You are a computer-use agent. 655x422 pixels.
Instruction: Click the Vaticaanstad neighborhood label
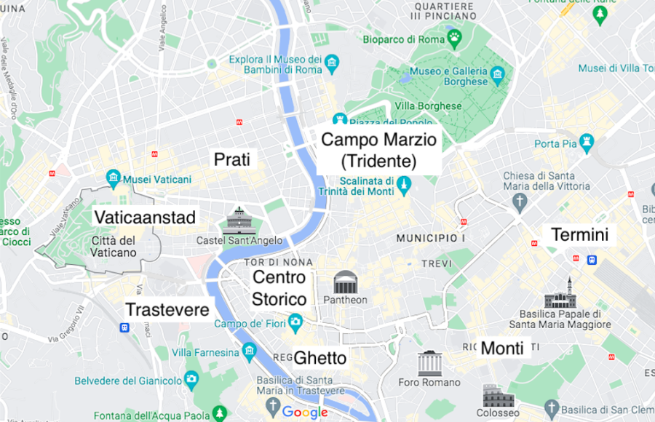click(145, 217)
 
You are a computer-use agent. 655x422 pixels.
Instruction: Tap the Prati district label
click(231, 159)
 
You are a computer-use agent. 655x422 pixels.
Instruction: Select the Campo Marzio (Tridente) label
click(378, 150)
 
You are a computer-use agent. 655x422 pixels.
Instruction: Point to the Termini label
click(579, 234)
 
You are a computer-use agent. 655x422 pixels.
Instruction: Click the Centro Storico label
click(279, 288)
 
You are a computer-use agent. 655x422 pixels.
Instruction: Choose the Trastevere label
click(167, 309)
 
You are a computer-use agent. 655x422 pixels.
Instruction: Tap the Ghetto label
click(319, 357)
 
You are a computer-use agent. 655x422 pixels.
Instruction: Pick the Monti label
click(502, 349)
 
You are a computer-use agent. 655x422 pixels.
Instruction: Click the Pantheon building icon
click(346, 282)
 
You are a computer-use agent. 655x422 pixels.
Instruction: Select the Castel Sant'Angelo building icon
click(240, 220)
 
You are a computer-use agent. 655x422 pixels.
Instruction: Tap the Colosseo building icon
click(498, 397)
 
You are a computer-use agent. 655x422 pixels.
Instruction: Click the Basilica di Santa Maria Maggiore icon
click(560, 294)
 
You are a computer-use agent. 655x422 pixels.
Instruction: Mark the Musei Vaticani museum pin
click(113, 177)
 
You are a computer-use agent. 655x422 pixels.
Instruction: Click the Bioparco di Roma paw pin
click(454, 37)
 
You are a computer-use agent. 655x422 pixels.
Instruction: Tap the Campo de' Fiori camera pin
click(295, 321)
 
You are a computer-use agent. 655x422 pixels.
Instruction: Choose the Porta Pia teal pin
click(587, 140)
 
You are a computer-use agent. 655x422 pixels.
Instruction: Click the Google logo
click(305, 413)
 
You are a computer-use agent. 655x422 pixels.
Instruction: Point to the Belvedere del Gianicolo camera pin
click(191, 378)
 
